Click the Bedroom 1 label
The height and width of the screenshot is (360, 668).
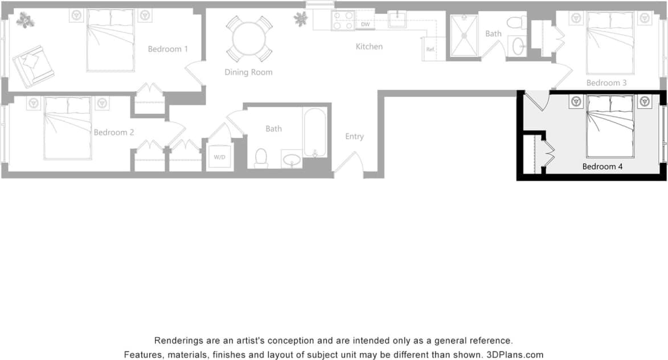(x=168, y=49)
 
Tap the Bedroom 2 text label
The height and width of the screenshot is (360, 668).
(x=114, y=132)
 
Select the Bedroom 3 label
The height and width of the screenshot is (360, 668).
(x=606, y=83)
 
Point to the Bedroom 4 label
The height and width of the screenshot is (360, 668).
(x=602, y=167)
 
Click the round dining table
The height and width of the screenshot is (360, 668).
(x=249, y=39)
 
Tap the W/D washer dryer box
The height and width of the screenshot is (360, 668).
(x=219, y=156)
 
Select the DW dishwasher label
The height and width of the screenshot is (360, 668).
(x=366, y=24)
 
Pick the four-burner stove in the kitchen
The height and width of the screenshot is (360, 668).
(x=343, y=21)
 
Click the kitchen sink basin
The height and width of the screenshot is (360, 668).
(x=397, y=19)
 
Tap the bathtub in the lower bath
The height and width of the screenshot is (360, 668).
(x=314, y=132)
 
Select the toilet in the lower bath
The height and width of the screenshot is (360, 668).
(x=261, y=158)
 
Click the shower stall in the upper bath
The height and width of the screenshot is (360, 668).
(x=464, y=35)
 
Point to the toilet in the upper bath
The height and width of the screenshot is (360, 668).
(x=517, y=23)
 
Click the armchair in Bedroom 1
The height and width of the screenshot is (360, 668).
(x=34, y=64)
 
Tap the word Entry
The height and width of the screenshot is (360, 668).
(x=354, y=137)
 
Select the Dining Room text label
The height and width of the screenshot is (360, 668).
(x=248, y=72)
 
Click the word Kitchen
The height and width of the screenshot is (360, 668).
(x=369, y=47)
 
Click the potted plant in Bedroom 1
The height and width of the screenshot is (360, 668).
(x=24, y=21)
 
